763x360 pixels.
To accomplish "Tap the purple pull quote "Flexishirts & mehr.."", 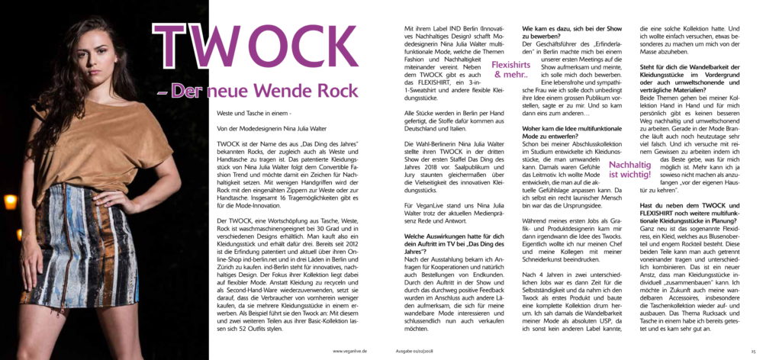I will coord(510,70).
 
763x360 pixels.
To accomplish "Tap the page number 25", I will coord(752,351).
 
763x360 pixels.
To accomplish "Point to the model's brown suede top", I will coord(84,145).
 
